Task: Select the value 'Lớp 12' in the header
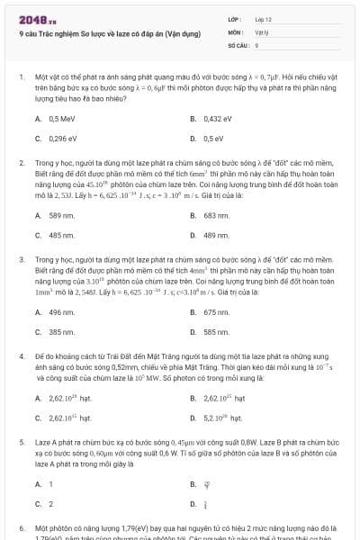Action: tap(264, 18)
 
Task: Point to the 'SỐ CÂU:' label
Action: tap(238, 43)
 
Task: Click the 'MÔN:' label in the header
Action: tap(237, 31)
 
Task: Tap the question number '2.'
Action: tap(22, 164)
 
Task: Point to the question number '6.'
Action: tap(22, 528)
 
